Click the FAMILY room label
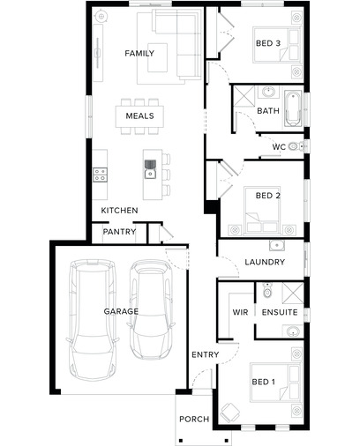(x=139, y=54)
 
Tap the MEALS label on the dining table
(x=139, y=115)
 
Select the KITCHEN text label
(x=119, y=211)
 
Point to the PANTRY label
(x=119, y=232)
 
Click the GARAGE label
(x=121, y=311)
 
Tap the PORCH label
(x=194, y=419)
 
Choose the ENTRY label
(x=206, y=354)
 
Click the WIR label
(x=240, y=312)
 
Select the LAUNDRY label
(x=265, y=262)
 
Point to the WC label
(x=279, y=147)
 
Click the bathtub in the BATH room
(x=293, y=108)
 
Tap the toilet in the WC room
(x=296, y=146)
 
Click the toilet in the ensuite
(x=267, y=291)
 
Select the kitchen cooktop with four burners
(x=100, y=175)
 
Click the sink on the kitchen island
(x=150, y=174)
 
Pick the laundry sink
(x=277, y=245)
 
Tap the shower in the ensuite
(x=293, y=293)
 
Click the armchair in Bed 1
(x=230, y=413)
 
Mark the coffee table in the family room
(x=158, y=57)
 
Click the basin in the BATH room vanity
(x=268, y=92)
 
